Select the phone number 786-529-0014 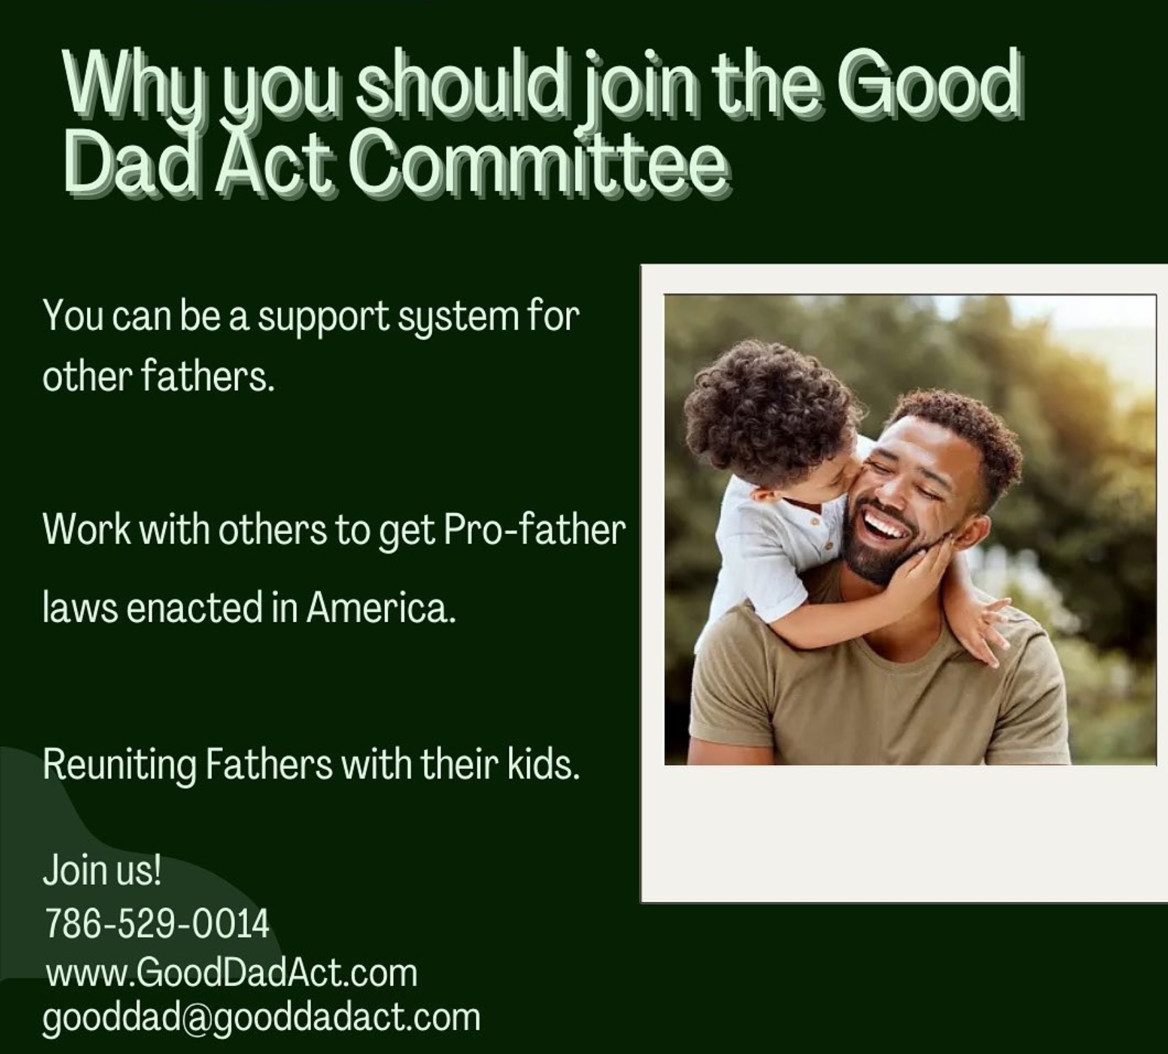pos(157,923)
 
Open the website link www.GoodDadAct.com pos(232,974)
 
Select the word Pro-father pos(535,529)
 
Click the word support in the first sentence pos(323,317)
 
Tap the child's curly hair pos(767,411)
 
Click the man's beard pos(882,549)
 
